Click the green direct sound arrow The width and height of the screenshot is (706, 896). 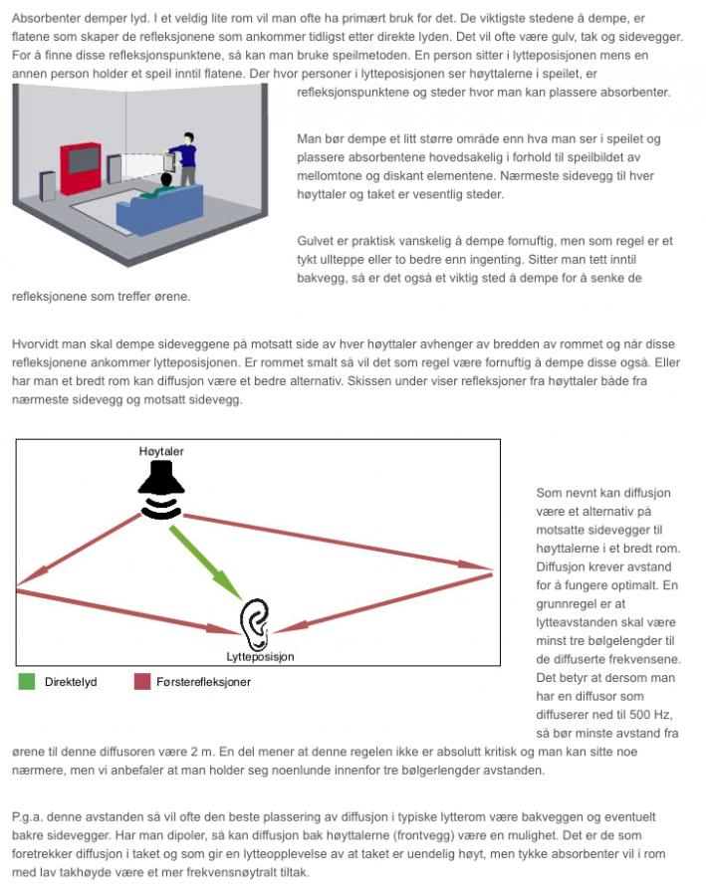[x=206, y=562]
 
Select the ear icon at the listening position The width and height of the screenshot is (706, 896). [x=254, y=624]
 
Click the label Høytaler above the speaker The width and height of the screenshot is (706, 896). [x=161, y=451]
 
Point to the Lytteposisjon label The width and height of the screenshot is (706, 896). [x=260, y=657]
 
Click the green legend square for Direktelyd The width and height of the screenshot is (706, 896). [x=26, y=682]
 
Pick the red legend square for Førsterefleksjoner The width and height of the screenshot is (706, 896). [x=141, y=682]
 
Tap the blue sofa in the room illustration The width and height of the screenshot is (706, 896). [x=159, y=210]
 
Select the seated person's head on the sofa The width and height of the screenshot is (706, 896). [x=165, y=180]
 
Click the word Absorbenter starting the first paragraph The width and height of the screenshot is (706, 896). [x=46, y=18]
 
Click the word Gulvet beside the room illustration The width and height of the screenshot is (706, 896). [x=314, y=241]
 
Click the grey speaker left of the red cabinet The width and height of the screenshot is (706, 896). [x=48, y=183]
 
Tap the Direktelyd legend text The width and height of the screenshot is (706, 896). [x=71, y=682]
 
